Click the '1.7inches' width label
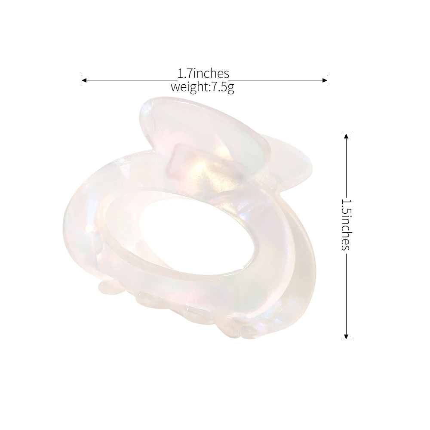(x=203, y=74)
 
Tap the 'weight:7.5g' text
(x=203, y=87)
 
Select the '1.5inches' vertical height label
(x=346, y=225)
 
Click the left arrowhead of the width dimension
(x=84, y=80)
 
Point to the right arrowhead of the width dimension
(x=325, y=80)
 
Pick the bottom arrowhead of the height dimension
(x=346, y=337)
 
